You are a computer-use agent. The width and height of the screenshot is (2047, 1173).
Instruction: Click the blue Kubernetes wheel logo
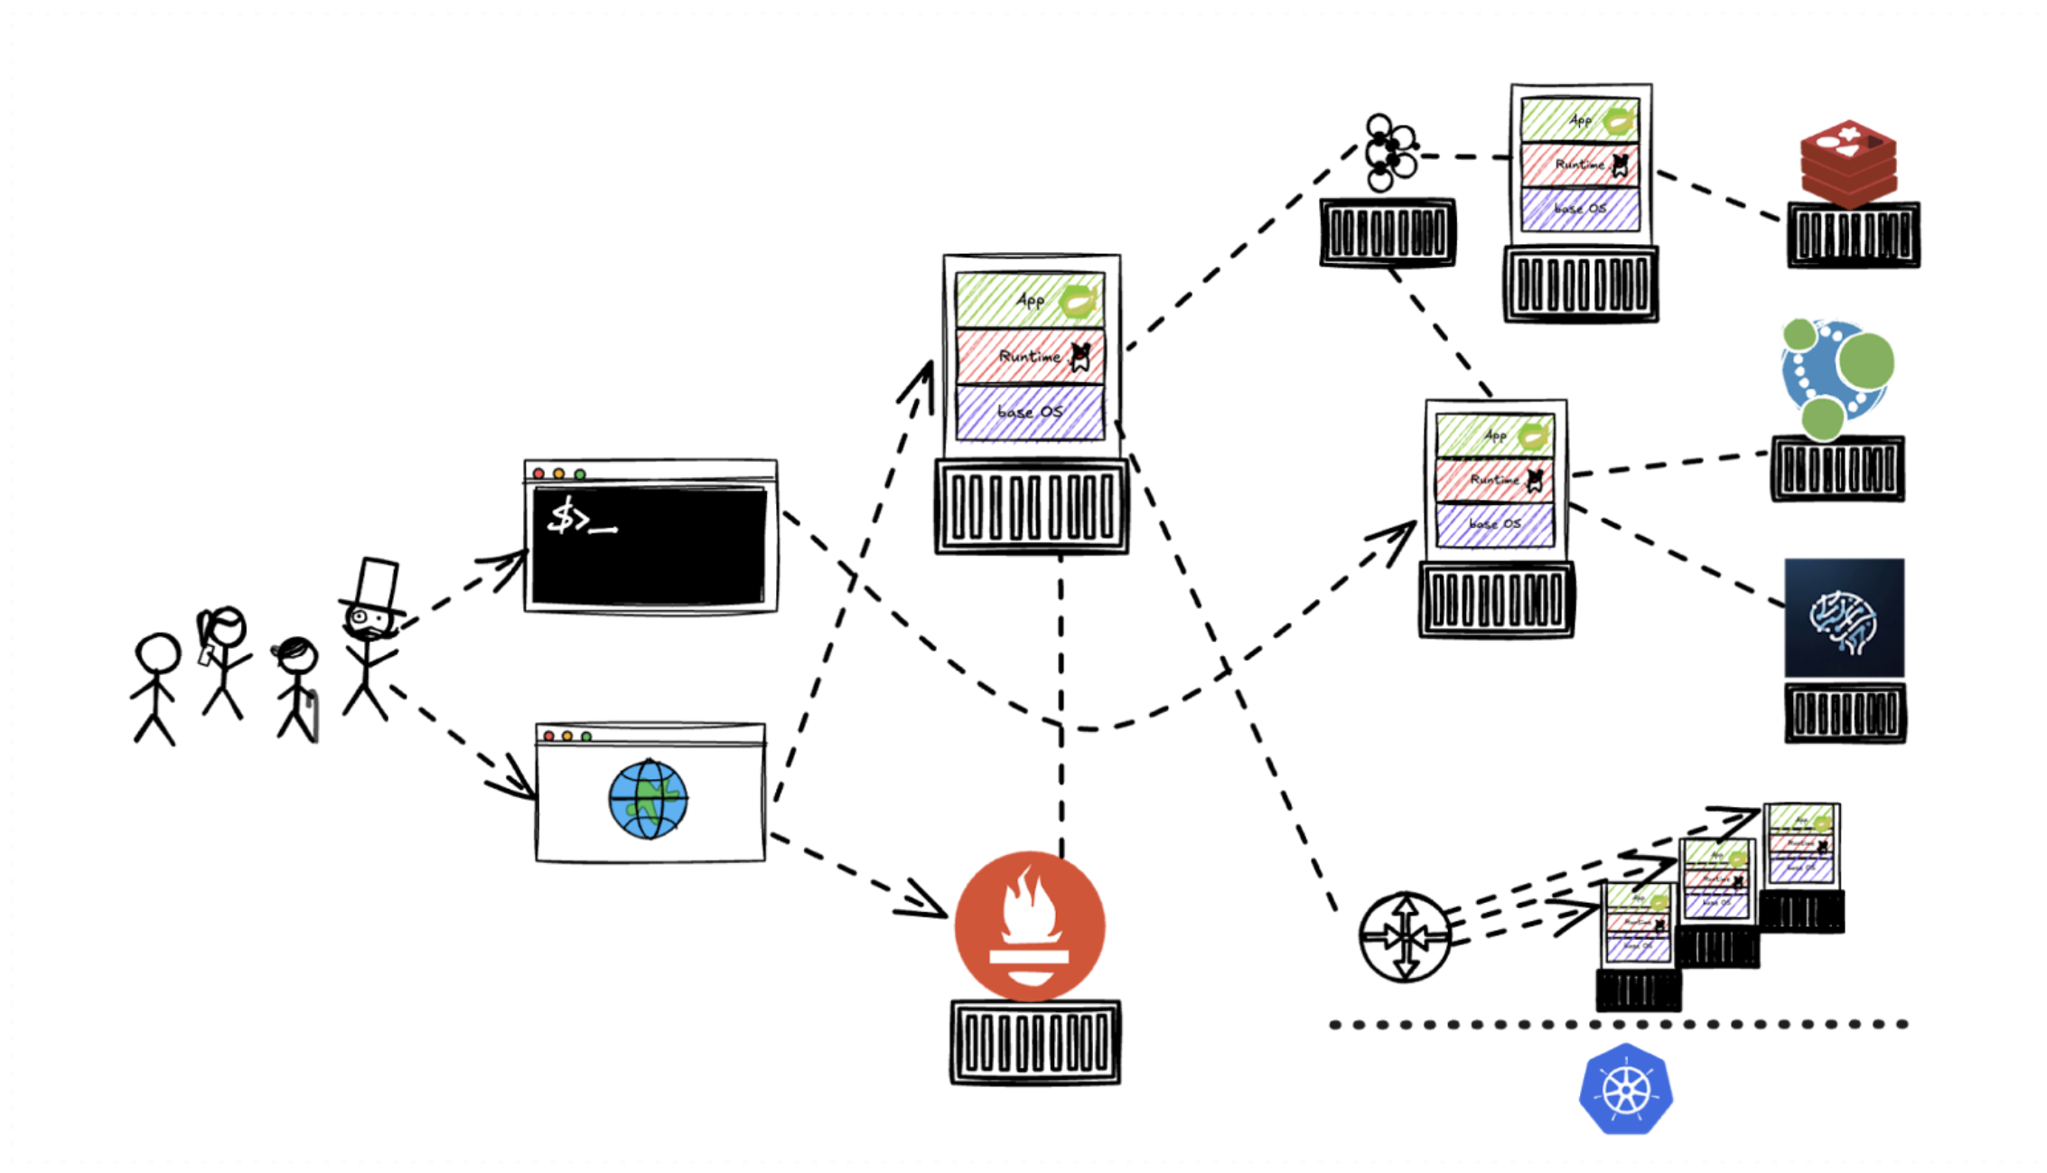[x=1625, y=1089]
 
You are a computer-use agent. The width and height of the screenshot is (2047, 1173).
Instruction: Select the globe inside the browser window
[x=648, y=800]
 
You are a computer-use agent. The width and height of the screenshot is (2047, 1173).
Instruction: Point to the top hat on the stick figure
[x=375, y=583]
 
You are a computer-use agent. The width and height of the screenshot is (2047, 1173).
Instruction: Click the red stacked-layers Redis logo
[x=1848, y=161]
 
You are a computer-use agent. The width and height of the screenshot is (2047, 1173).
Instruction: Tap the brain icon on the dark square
[x=1844, y=618]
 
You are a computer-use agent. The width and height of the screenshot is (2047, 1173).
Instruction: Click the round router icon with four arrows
[x=1405, y=937]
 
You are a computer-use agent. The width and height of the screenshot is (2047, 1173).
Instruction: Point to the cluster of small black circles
[x=1388, y=152]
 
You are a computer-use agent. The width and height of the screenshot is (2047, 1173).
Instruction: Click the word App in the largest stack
[x=1030, y=300]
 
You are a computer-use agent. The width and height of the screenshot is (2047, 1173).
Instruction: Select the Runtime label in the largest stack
[x=1029, y=356]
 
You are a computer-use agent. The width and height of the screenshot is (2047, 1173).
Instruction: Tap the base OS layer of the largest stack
[x=1029, y=412]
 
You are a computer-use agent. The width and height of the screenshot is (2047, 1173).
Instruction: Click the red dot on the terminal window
[x=538, y=474]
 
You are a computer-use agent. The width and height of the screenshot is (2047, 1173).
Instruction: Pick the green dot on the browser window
[x=586, y=737]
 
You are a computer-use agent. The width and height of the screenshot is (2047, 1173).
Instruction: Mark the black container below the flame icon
[x=1035, y=1042]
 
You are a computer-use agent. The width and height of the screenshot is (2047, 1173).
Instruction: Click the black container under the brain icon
[x=1845, y=713]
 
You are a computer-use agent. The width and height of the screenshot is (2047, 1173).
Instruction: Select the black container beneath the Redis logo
[x=1853, y=235]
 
